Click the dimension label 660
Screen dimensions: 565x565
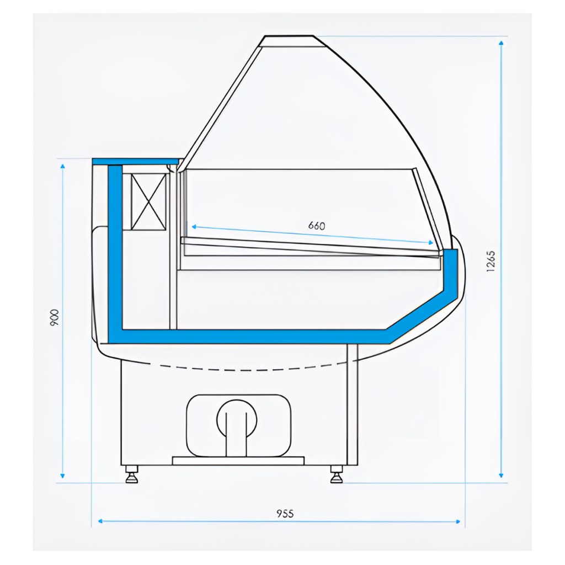(x=317, y=226)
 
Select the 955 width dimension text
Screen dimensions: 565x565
(x=285, y=513)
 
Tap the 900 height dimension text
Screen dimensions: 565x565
(x=54, y=317)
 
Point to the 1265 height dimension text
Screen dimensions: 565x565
(x=491, y=261)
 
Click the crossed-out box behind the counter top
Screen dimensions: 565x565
(x=149, y=201)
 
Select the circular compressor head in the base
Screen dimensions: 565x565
(x=237, y=419)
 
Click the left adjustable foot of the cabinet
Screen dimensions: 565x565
(x=131, y=474)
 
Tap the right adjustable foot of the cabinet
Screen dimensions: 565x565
(x=337, y=474)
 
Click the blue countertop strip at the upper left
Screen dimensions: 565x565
(x=136, y=162)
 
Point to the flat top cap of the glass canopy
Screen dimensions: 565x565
(x=289, y=41)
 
